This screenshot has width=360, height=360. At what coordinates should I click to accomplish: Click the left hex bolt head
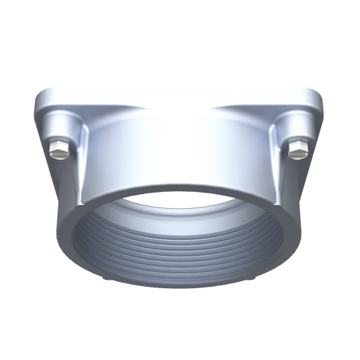[x=59, y=150]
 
